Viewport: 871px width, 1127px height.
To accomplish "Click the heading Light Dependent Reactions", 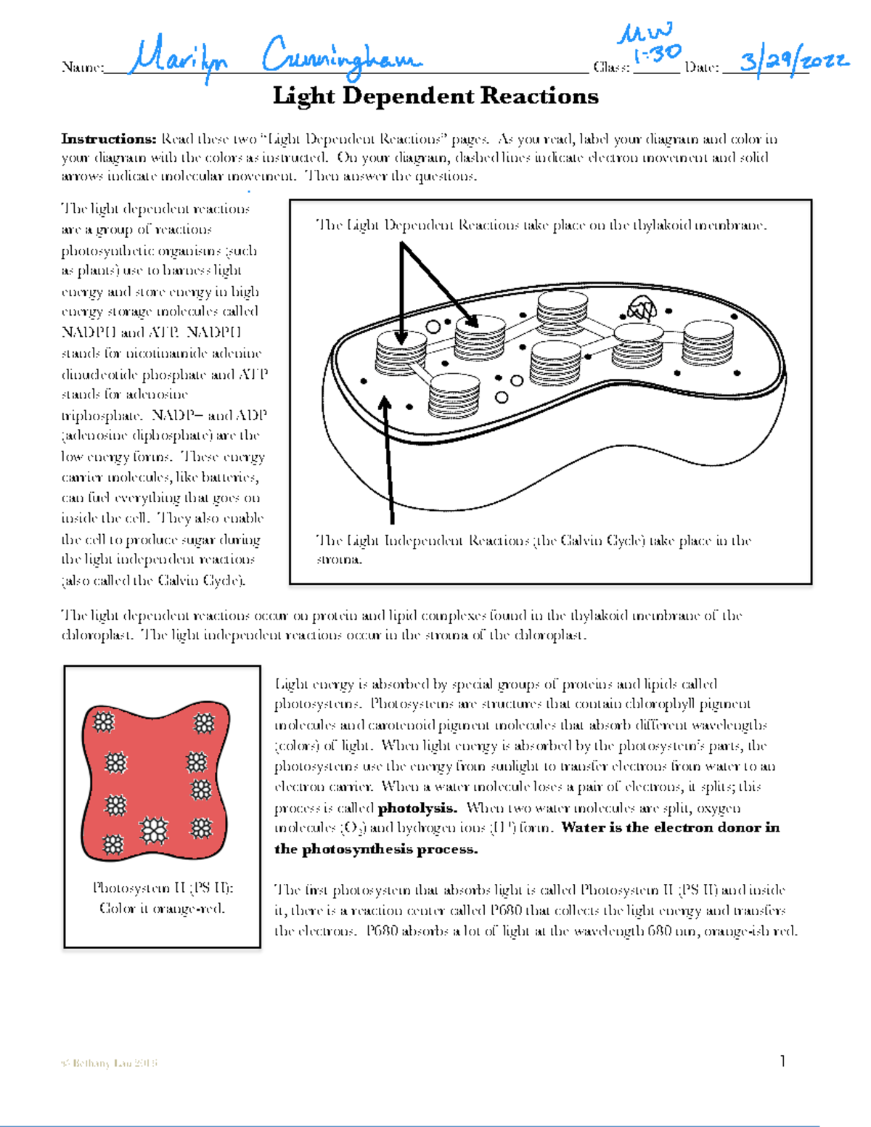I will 435,97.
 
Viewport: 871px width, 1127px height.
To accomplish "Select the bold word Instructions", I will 108,139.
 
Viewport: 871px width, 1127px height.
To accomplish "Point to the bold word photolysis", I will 417,808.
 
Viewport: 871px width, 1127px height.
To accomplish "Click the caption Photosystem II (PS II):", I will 163,888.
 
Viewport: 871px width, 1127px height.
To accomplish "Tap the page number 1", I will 783,1062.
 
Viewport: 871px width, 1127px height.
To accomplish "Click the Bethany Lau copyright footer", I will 109,1063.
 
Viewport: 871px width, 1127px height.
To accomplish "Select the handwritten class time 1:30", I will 657,54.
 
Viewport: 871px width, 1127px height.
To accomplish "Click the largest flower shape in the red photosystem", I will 153,830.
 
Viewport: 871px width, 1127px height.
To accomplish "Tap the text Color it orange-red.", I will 163,909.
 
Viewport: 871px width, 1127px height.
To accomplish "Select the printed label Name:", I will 83,67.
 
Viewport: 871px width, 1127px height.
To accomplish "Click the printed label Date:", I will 702,67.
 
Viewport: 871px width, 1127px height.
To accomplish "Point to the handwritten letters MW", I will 644,33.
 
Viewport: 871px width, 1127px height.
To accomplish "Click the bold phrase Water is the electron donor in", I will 670,828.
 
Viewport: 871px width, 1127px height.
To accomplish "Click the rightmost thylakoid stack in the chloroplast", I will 708,342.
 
